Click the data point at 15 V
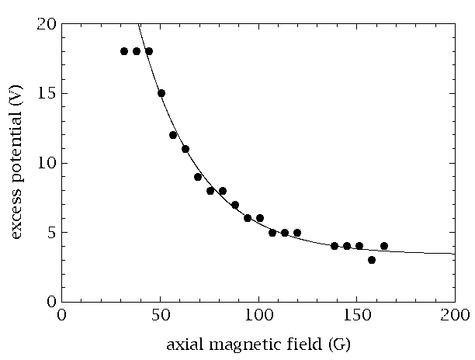point(161,93)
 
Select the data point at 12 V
point(173,135)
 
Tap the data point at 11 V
point(185,149)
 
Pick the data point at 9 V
point(198,177)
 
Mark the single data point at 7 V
point(235,205)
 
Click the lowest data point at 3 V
point(372,260)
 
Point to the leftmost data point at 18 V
point(124,51)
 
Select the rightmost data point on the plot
point(384,246)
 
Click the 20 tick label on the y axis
point(46,24)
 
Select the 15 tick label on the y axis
point(46,94)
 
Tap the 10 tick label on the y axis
point(46,163)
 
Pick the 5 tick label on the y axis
point(50,233)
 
